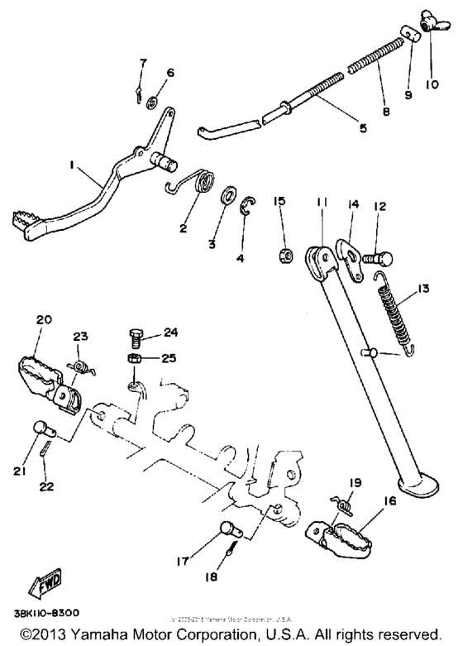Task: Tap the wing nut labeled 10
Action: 432,22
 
